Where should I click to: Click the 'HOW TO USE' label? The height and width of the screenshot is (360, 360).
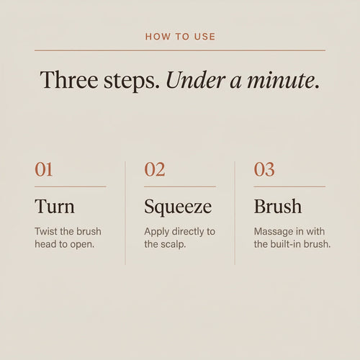click(x=180, y=37)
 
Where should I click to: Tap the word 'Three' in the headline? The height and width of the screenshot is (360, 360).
click(x=69, y=80)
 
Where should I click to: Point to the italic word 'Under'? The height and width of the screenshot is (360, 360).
click(x=196, y=80)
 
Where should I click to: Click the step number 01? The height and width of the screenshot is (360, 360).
click(x=43, y=169)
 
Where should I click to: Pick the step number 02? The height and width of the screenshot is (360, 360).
click(x=155, y=169)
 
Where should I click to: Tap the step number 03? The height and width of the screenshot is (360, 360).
click(x=264, y=169)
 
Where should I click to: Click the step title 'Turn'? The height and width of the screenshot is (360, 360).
click(x=55, y=207)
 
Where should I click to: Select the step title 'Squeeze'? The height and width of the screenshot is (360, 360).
click(x=178, y=207)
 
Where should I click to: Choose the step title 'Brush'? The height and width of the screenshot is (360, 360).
click(x=278, y=206)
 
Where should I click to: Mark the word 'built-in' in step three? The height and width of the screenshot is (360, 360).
click(x=286, y=244)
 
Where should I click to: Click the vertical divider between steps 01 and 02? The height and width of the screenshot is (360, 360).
click(x=125, y=213)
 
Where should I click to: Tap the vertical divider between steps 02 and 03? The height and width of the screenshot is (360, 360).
click(x=235, y=213)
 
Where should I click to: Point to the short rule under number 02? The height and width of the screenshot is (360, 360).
click(x=180, y=186)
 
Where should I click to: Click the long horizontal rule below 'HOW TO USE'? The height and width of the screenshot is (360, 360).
click(x=180, y=50)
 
